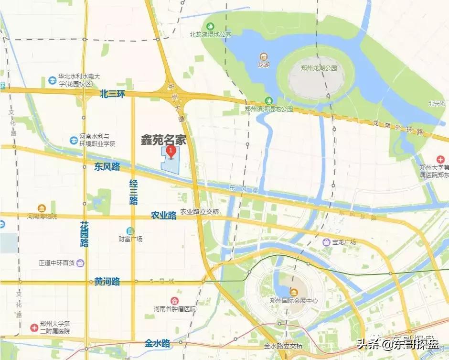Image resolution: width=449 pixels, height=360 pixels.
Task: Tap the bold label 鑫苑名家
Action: click(x=163, y=140)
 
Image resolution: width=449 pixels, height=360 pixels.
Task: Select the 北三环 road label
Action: click(x=112, y=94)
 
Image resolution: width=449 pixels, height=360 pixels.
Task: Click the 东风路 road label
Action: click(x=107, y=167)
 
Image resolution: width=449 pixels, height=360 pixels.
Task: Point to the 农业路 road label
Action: click(x=164, y=215)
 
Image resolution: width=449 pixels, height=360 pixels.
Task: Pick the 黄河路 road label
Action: click(x=107, y=282)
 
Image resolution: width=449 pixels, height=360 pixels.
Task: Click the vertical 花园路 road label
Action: click(x=85, y=234)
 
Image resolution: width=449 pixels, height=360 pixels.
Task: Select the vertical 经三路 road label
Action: click(x=134, y=191)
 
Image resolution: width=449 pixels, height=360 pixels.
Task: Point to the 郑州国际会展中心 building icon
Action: click(x=293, y=292)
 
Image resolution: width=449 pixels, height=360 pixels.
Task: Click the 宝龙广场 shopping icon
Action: click(x=327, y=242)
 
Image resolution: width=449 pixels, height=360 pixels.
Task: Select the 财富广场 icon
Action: click(x=130, y=231)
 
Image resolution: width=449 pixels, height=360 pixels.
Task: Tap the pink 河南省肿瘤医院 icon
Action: click(x=175, y=300)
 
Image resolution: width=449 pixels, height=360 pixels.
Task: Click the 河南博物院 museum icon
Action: click(x=42, y=208)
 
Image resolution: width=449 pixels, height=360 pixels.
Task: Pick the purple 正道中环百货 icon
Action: click(x=80, y=262)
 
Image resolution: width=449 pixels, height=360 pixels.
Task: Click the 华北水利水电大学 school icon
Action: click(x=52, y=79)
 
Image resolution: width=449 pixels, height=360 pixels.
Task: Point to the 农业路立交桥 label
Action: click(x=200, y=212)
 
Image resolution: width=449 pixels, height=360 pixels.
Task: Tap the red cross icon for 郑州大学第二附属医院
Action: click(x=34, y=327)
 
